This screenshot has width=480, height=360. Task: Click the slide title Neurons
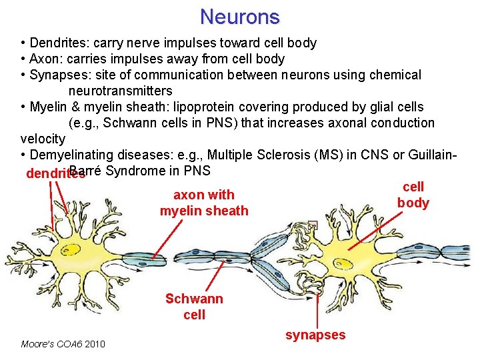tap(239, 16)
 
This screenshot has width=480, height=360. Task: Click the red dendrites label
tap(55, 174)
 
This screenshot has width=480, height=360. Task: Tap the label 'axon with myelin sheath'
tap(203, 203)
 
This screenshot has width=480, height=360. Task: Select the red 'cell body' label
tap(413, 195)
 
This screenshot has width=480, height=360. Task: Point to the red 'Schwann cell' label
tap(194, 306)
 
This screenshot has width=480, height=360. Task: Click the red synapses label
tap(315, 335)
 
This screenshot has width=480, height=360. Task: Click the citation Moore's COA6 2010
tap(63, 344)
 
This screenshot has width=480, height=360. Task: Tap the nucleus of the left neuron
tap(69, 250)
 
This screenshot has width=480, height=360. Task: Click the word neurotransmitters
tap(120, 91)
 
